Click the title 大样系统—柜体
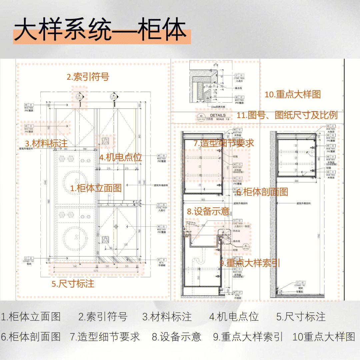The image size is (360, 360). point(100,32)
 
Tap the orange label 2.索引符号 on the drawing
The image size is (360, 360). point(88,77)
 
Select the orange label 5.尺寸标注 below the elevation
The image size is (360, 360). point(73,284)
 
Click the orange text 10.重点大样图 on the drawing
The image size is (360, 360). point(293,94)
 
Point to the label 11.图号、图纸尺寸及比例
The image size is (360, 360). point(287,115)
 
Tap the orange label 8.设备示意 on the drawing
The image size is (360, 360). point(208,211)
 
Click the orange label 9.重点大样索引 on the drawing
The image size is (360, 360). point(249,263)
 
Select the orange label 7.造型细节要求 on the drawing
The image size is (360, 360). point(224,143)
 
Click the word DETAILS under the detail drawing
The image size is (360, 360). point(218,115)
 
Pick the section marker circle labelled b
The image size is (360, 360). point(79,96)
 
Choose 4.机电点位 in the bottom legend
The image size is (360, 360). point(234,316)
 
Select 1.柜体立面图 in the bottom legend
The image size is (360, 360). point(31,316)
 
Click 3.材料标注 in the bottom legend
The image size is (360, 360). point(167,316)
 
